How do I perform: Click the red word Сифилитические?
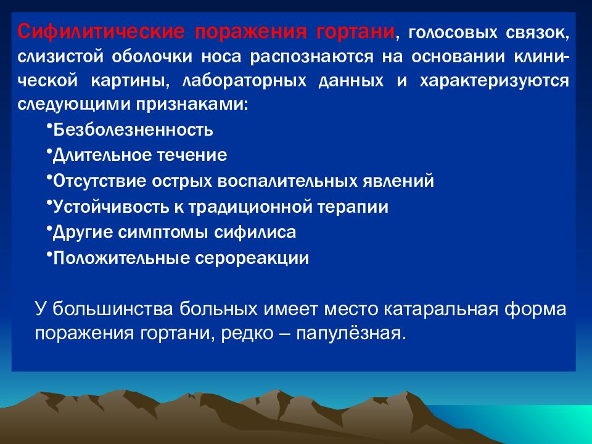[101, 31]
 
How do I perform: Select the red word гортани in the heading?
[356, 31]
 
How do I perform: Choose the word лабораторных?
[244, 81]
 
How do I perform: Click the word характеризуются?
[494, 81]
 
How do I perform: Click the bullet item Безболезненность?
[133, 130]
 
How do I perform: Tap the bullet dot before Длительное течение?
[49, 150]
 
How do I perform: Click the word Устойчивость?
[111, 207]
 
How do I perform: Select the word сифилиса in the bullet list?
[255, 232]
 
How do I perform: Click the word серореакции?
[252, 258]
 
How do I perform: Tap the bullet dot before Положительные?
[49, 253]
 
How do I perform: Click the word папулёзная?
[351, 334]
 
